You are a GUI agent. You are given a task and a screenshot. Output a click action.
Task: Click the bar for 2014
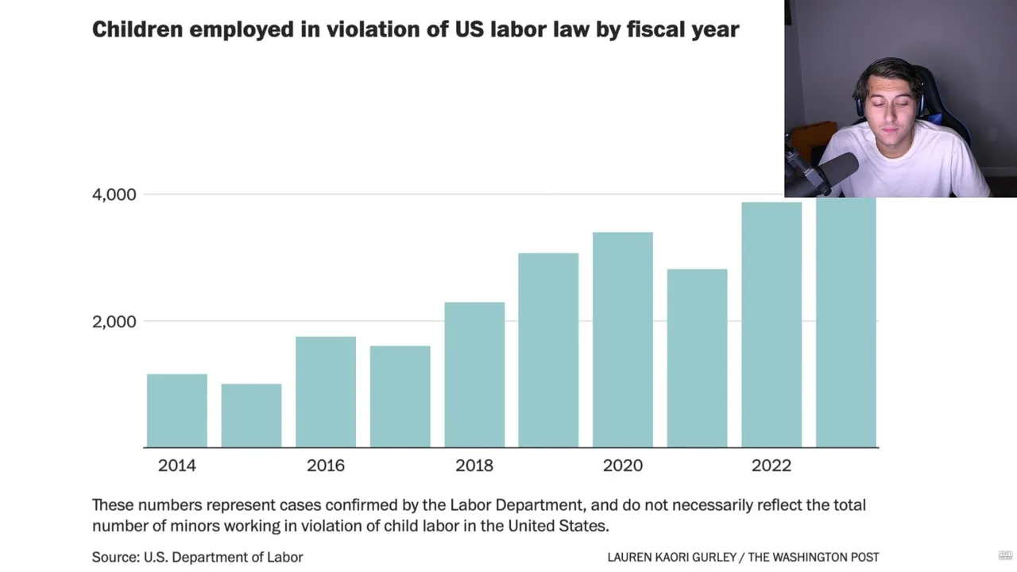[176, 411]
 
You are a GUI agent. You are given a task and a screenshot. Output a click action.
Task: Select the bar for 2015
[251, 415]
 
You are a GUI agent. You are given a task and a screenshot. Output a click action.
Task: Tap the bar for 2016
[326, 392]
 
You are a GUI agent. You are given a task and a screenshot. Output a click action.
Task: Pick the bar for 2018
[474, 374]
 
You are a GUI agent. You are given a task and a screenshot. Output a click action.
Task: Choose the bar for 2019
[548, 350]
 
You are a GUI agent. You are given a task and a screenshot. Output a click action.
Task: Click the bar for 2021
[697, 357]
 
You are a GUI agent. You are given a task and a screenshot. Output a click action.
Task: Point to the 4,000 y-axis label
[114, 195]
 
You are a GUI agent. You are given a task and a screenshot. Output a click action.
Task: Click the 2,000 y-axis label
[114, 322]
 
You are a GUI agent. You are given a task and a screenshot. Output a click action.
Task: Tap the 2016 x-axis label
[326, 466]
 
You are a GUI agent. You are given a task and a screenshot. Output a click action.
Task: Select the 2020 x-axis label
[623, 466]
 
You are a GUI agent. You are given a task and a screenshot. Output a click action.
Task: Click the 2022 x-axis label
[771, 466]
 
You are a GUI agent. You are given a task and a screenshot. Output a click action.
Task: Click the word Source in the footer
[114, 557]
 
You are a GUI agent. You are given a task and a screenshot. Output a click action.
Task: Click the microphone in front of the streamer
[835, 169]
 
